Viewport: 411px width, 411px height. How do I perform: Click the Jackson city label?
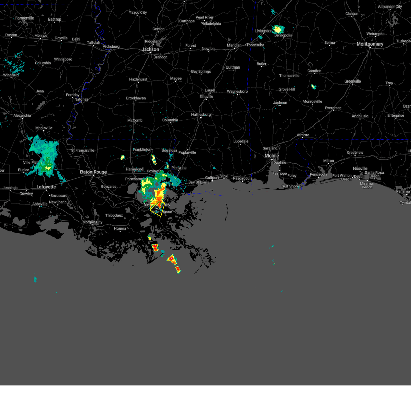coord(150,49)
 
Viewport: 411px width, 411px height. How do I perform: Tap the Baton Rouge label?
coord(94,172)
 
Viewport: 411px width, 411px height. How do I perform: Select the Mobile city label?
coord(272,156)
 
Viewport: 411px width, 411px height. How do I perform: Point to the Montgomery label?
coord(370,44)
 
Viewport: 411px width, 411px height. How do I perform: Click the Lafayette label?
coord(46,187)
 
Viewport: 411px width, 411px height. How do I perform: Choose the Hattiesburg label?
coord(201,115)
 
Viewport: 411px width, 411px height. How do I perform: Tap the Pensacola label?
coord(319,175)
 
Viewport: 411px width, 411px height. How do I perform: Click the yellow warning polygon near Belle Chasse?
coord(157,209)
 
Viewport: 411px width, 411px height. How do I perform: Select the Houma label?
coord(120,228)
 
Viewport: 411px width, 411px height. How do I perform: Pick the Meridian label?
coord(234,45)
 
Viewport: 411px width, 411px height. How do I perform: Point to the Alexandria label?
coord(22,116)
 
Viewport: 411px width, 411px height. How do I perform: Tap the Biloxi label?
coord(224,176)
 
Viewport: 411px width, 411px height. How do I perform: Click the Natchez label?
coord(81,100)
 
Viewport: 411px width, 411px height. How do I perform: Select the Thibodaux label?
coord(114,215)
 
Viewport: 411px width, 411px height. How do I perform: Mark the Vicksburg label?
coord(111,47)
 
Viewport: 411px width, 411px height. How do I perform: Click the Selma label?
coord(329,43)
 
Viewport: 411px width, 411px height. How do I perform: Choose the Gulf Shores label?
coord(291,186)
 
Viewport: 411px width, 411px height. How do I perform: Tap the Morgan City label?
coord(92,222)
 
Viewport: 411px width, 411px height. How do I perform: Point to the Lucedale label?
coord(241,141)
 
